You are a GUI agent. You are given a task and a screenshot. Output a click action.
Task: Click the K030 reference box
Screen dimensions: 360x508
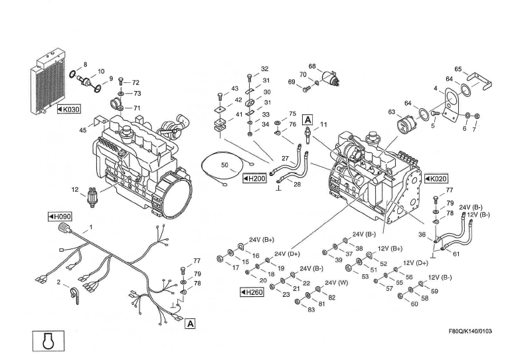[68, 108]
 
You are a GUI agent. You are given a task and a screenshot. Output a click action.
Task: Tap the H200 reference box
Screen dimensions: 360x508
[254, 179]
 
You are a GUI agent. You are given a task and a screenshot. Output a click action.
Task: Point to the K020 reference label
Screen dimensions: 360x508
[436, 179]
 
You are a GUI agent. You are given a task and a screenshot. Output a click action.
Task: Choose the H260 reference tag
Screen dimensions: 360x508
[251, 291]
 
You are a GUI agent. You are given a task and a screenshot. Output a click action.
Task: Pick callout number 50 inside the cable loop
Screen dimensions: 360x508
[224, 164]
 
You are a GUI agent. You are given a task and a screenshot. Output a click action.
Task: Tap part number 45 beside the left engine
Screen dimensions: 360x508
[83, 130]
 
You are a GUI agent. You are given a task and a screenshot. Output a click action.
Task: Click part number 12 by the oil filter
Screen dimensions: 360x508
[76, 189]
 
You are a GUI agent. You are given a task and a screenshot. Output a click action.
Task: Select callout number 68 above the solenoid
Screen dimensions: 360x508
[312, 66]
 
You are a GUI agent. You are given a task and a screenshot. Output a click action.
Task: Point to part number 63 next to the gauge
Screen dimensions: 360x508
[392, 112]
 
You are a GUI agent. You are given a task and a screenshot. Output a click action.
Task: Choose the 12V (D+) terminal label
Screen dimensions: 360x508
[416, 263]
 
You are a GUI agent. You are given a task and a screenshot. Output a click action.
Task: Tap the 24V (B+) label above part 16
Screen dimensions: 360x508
[262, 239]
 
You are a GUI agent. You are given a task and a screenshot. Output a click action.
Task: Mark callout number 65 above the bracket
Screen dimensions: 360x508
[458, 68]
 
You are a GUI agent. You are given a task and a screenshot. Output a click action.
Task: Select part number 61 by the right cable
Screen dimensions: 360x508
[456, 253]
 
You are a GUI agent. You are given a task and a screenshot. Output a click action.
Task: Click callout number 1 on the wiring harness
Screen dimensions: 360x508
[91, 227]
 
